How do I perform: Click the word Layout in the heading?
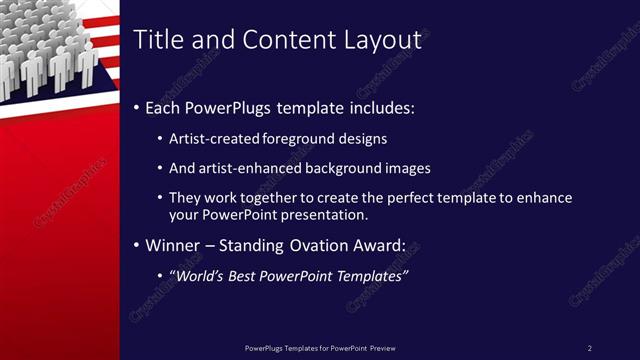click(379, 40)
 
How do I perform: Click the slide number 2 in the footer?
click(590, 348)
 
